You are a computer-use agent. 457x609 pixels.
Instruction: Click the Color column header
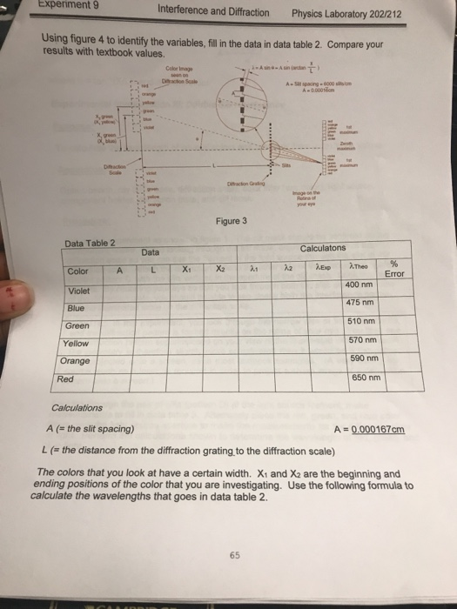coord(77,271)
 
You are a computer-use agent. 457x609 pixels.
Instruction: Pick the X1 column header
coord(187,270)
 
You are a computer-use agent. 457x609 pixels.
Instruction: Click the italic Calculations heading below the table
coord(77,407)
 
